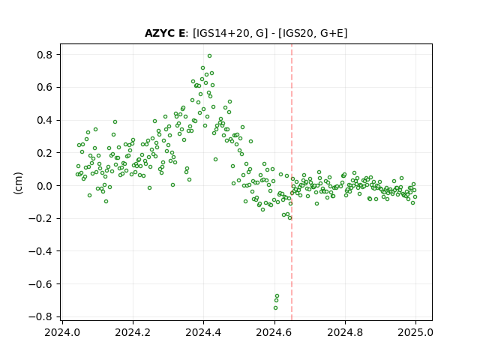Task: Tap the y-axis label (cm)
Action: (x=18, y=183)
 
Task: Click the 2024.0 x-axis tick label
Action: (x=62, y=332)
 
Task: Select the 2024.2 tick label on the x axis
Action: (x=133, y=332)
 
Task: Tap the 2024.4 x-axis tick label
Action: (x=203, y=332)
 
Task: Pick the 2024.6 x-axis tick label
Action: (x=274, y=332)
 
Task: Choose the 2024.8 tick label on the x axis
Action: (x=345, y=332)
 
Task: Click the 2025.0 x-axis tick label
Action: (x=415, y=332)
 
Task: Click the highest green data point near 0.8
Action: (x=209, y=56)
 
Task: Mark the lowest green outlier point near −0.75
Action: (x=275, y=308)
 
